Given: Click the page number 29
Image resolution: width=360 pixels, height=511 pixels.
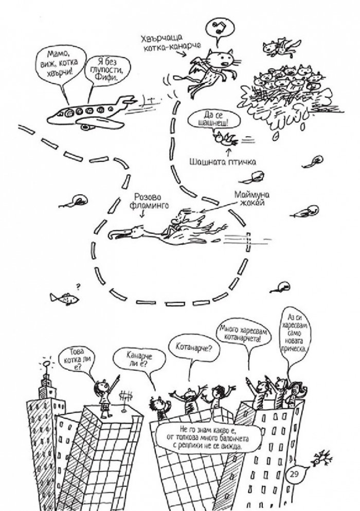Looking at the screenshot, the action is (x=293, y=474).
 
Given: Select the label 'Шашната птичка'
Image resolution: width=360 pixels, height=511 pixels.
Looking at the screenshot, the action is (x=222, y=161).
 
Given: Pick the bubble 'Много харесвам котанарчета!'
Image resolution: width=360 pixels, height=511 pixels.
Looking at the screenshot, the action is (x=241, y=335).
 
